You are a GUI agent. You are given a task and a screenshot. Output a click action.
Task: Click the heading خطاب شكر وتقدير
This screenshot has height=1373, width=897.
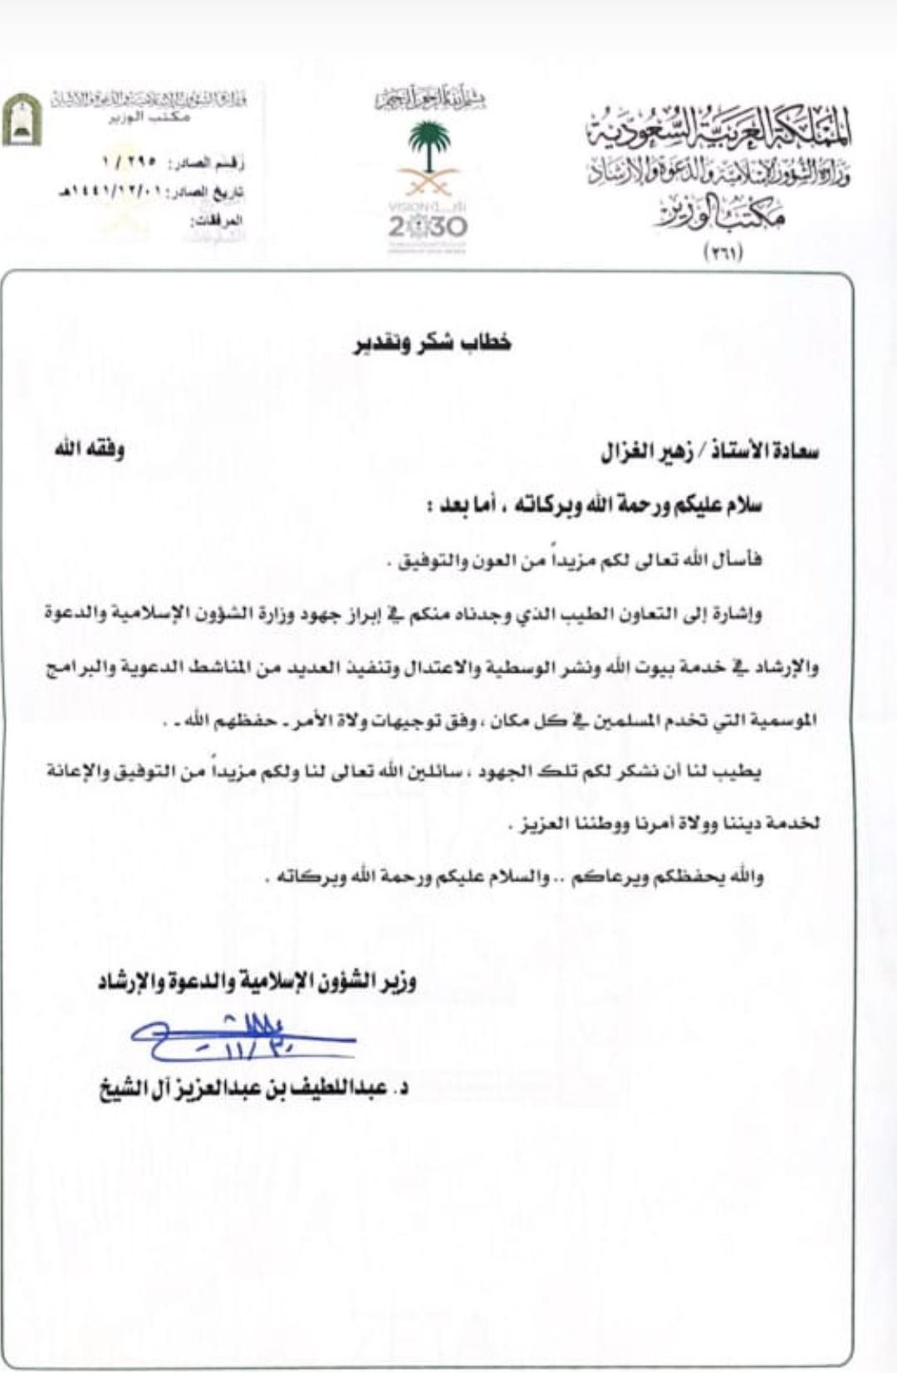coord(433,342)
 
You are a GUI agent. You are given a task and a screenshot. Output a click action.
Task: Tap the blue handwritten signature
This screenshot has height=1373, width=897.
coord(241,1038)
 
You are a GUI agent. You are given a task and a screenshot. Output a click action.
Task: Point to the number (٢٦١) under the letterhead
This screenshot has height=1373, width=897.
coord(723,253)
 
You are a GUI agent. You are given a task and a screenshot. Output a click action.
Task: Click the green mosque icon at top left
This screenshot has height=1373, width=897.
coord(22,120)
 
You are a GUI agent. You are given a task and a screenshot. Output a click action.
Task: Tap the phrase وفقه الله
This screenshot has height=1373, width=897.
coord(90,450)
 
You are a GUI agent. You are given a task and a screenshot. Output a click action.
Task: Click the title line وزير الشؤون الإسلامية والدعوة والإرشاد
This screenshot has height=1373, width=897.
coord(257,983)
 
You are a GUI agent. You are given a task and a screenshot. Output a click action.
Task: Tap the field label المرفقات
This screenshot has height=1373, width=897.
coord(217,221)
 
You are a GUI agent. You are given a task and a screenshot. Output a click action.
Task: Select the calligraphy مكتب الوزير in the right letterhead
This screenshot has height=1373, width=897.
coord(721,213)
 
